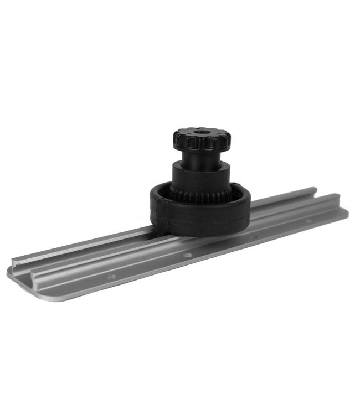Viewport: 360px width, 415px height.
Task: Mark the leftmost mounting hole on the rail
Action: click(x=111, y=276)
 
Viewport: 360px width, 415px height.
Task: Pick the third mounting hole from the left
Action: click(x=252, y=237)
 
